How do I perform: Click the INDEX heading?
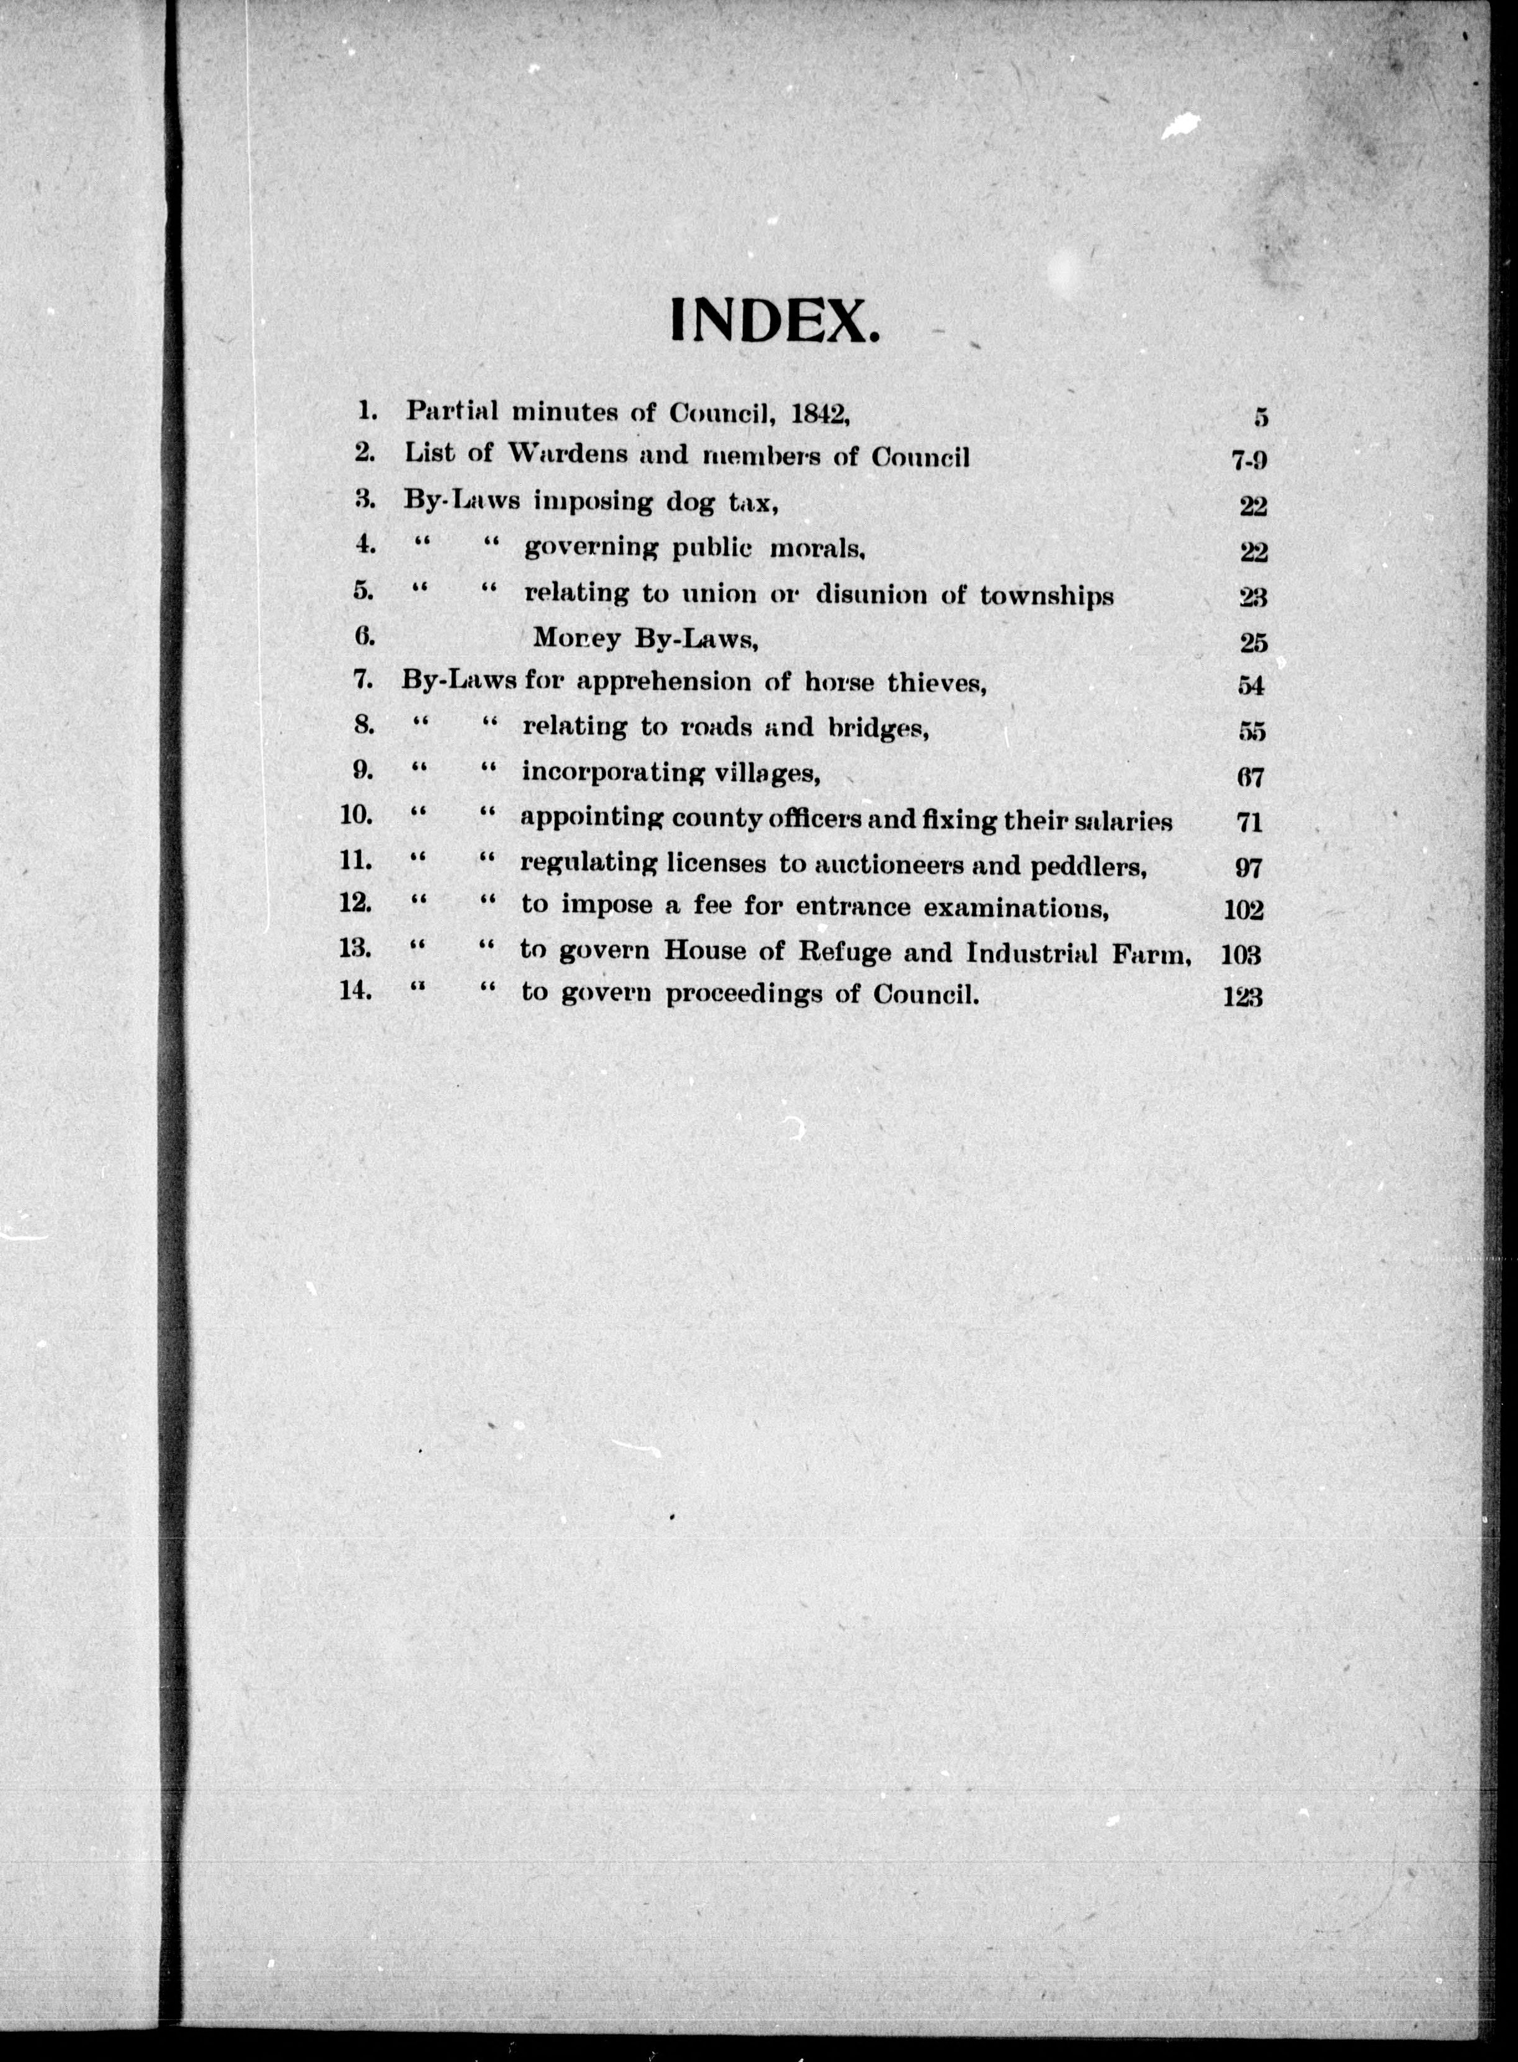(x=774, y=322)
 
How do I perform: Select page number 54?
(x=1252, y=686)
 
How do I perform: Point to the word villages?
(x=761, y=774)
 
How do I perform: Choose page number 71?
(x=1250, y=822)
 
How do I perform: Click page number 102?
(x=1243, y=910)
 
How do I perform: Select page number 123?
(x=1242, y=997)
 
